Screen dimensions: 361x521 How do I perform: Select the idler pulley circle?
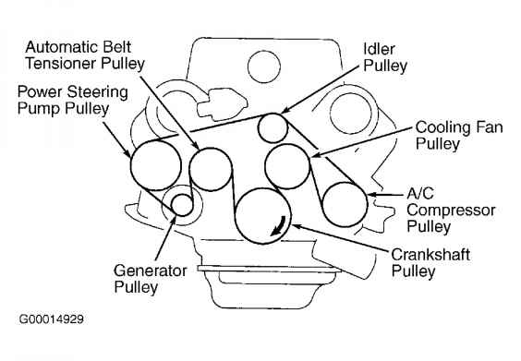coord(273,123)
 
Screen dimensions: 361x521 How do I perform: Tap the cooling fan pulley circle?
coord(286,164)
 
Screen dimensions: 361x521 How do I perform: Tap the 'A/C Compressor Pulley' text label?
coord(441,210)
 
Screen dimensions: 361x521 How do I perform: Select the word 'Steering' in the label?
coord(93,92)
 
